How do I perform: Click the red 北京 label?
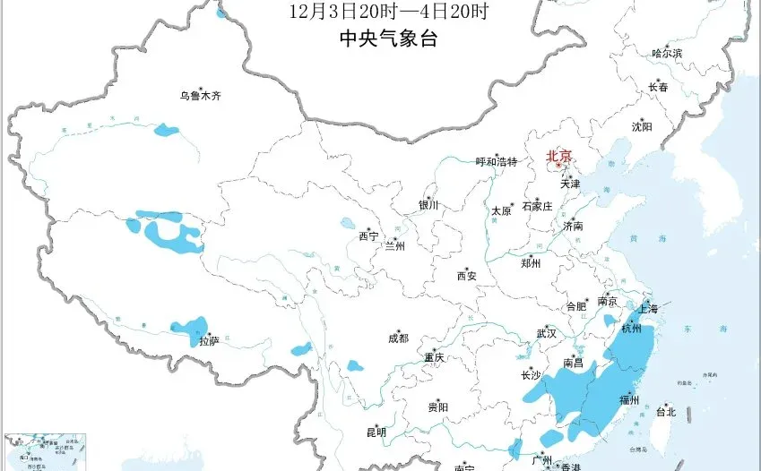tap(558, 156)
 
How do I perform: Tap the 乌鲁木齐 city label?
tap(199, 95)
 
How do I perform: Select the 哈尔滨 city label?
tap(667, 54)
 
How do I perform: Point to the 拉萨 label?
tap(210, 341)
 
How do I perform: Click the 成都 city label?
tap(398, 338)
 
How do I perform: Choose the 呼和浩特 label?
tap(497, 162)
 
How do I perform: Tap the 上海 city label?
tap(647, 309)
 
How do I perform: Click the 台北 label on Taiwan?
tap(666, 413)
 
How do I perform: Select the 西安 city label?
tap(467, 276)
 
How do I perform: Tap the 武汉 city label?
tap(547, 333)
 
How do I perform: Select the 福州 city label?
tap(629, 399)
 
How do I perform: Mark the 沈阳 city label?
tap(642, 127)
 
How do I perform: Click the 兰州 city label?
tap(394, 246)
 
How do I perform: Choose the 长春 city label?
tap(659, 88)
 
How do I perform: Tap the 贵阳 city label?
tap(438, 407)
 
